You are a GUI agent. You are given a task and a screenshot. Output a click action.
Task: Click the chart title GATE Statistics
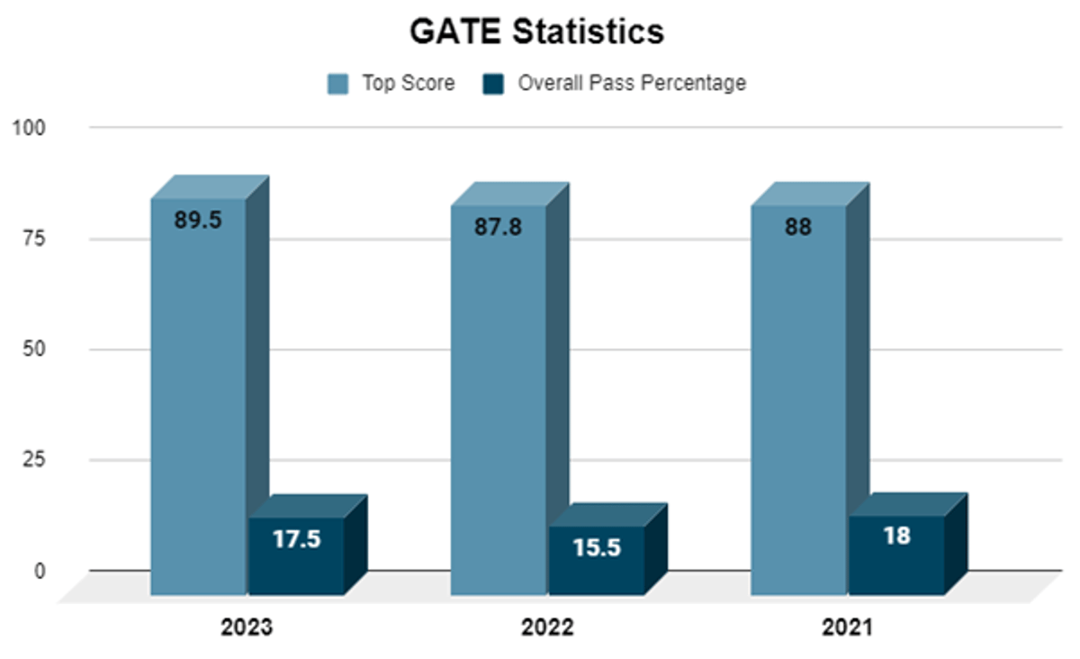pyautogui.click(x=537, y=32)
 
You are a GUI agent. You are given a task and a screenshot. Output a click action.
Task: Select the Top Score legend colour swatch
pyautogui.click(x=338, y=84)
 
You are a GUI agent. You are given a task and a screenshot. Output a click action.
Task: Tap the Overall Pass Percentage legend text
pyautogui.click(x=632, y=84)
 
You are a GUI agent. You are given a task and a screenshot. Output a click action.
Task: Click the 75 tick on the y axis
pyautogui.click(x=35, y=239)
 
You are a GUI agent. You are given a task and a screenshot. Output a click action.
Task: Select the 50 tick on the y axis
pyautogui.click(x=35, y=349)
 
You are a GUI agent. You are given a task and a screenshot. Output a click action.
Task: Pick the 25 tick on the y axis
pyautogui.click(x=35, y=460)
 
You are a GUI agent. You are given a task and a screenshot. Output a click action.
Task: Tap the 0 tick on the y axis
pyautogui.click(x=40, y=571)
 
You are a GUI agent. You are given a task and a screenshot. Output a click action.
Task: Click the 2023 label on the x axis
pyautogui.click(x=247, y=628)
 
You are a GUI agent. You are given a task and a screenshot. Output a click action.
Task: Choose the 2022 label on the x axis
pyautogui.click(x=547, y=628)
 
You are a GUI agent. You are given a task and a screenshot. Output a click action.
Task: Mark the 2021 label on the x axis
pyautogui.click(x=848, y=628)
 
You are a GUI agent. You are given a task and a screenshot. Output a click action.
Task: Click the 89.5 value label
pyautogui.click(x=198, y=221)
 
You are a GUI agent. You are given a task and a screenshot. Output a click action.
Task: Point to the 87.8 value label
pyautogui.click(x=498, y=227)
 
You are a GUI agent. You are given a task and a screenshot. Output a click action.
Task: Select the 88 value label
pyautogui.click(x=797, y=227)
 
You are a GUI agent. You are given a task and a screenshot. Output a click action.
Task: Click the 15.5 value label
pyautogui.click(x=597, y=546)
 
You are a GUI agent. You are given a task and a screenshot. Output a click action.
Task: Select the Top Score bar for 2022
pyautogui.click(x=498, y=405)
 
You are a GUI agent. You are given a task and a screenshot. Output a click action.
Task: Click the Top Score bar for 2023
pyautogui.click(x=198, y=405)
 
